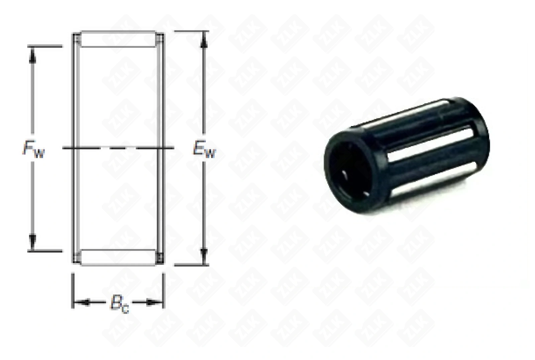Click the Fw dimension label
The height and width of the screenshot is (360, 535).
click(x=33, y=149)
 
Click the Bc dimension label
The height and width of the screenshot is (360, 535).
click(x=119, y=304)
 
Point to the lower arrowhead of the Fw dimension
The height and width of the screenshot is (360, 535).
click(x=32, y=241)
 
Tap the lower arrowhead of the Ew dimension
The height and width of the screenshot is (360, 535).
click(x=204, y=255)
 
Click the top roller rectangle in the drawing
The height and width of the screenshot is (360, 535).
click(x=118, y=39)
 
